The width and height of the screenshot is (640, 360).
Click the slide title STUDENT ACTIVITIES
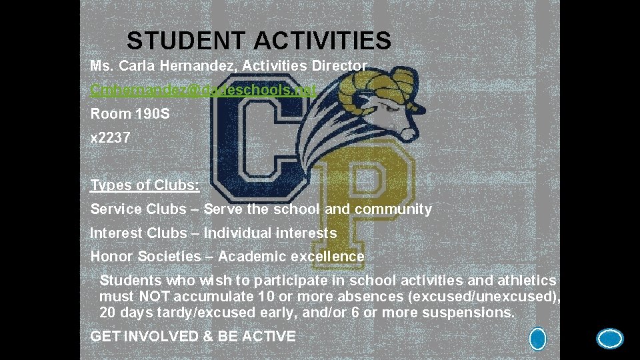point(259,41)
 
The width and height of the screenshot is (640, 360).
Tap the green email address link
point(203,89)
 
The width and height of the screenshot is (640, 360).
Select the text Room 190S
point(130,114)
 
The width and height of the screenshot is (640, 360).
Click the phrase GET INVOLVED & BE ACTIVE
point(193,337)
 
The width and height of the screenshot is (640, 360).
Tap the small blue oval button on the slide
point(537,339)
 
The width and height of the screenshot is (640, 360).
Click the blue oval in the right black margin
point(609,339)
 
